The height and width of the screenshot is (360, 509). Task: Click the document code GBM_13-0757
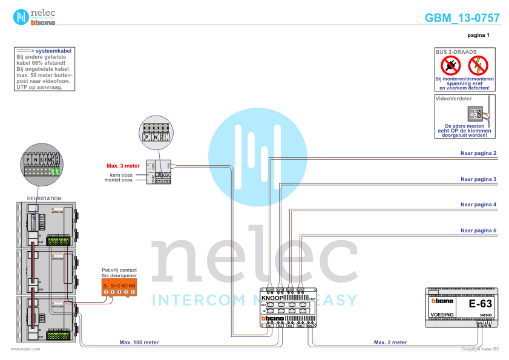[x=462, y=18]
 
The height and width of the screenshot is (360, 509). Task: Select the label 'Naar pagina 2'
[x=478, y=153]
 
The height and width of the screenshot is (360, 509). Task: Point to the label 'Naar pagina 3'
[x=478, y=179]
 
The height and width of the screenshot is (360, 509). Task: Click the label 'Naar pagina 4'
[x=478, y=205]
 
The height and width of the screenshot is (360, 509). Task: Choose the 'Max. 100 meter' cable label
[x=139, y=342]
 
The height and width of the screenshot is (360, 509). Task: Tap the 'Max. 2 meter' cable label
[x=390, y=342]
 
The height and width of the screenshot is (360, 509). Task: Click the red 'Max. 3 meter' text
[x=123, y=165]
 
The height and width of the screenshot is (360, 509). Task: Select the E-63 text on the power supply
[x=481, y=304]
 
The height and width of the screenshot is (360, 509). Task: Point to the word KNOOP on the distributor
[x=274, y=298]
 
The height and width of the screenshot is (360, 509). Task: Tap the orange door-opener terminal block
[x=119, y=289]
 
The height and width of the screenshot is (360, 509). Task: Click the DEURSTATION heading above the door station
[x=44, y=198]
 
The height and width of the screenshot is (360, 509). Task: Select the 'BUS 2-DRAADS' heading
[x=456, y=52]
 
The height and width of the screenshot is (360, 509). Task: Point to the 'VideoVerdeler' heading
[x=453, y=98]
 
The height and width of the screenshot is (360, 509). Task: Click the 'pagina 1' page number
[x=478, y=36]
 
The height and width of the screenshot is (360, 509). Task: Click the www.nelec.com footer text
[x=25, y=349]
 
